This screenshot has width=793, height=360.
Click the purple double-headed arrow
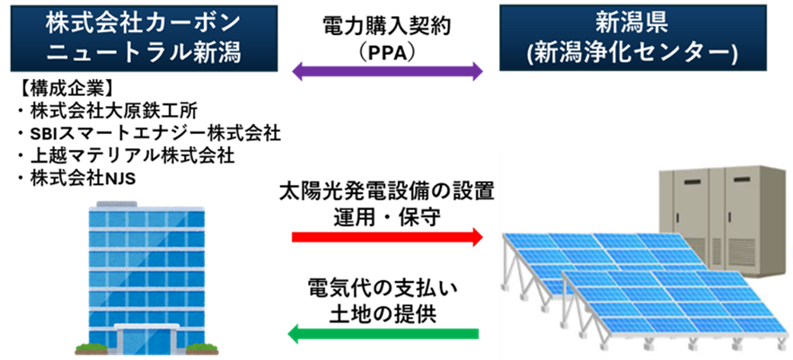point(388,73)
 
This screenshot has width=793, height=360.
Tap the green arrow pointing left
point(383,335)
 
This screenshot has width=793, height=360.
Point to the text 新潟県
point(632,22)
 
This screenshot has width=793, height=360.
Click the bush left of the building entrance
point(90,348)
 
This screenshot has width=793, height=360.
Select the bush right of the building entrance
point(203,348)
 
